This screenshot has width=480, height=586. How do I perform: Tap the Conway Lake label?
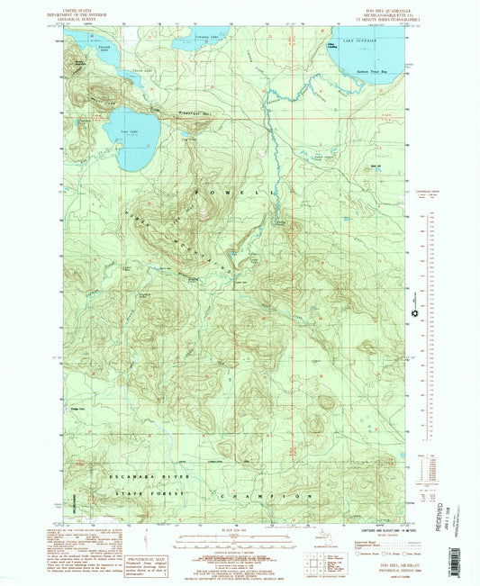pyautogui.click(x=206, y=38)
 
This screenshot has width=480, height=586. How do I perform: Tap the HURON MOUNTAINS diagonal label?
pyautogui.click(x=189, y=235)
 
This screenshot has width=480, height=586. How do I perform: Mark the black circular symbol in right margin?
pyautogui.click(x=414, y=313)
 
